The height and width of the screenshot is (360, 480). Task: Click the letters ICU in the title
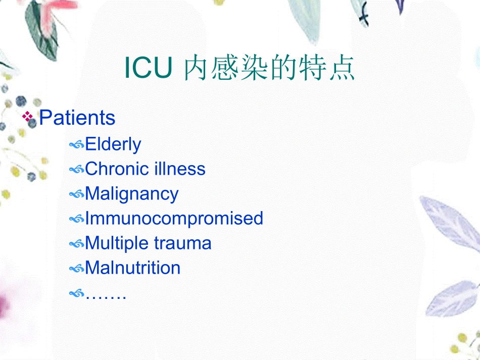148,70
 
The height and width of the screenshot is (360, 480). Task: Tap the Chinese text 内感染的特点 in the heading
269,70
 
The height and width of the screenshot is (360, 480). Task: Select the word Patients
77,118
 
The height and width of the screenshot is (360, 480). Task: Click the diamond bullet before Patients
28,118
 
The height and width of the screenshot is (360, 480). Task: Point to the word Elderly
113,144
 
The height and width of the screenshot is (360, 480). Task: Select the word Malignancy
131,194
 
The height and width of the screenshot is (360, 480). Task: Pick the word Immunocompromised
174,218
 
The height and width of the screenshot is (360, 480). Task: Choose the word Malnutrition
132,268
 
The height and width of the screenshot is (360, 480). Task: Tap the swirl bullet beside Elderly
76,145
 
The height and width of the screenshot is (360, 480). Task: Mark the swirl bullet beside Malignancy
76,194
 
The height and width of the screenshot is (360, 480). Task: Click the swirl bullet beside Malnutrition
76,269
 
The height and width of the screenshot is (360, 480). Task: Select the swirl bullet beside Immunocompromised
76,219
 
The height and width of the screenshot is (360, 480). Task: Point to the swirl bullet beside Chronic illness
76,170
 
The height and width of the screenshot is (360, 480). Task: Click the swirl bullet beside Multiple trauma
76,244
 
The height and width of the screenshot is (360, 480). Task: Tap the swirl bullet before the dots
76,293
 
